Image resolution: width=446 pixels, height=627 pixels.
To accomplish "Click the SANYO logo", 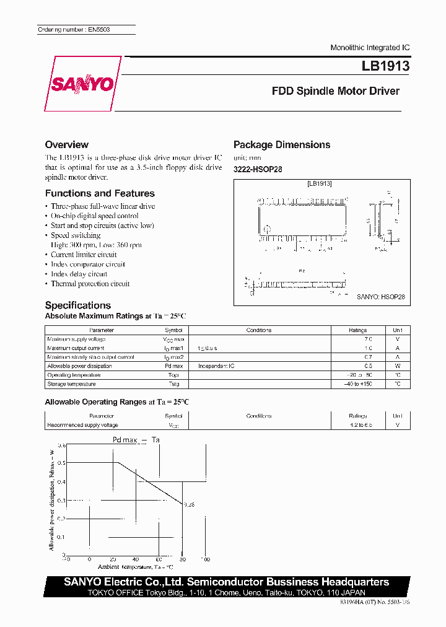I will [82, 84].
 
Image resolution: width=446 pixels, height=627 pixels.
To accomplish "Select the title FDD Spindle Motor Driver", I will [336, 91].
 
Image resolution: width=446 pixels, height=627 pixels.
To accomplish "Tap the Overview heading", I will [67, 144].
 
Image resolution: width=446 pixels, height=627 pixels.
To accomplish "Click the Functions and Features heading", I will [100, 193].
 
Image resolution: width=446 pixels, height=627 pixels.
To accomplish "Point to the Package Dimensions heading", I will [282, 144].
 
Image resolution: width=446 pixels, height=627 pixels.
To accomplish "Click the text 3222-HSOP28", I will [258, 169].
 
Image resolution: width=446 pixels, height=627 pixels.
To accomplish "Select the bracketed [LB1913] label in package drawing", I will [320, 184].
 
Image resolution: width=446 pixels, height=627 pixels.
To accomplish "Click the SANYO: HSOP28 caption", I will [380, 297].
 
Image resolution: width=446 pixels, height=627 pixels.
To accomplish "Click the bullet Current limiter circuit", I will [84, 255].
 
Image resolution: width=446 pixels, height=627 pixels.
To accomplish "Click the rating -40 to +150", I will [357, 384].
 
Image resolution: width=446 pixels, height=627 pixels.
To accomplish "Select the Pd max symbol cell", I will [173, 366].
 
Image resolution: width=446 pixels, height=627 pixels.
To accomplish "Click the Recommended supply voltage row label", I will [82, 425].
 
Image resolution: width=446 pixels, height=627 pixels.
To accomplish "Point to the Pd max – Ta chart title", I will [136, 439].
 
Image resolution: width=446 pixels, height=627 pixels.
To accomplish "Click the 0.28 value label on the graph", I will [189, 504].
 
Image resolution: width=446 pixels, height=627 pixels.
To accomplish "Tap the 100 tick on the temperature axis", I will [205, 559].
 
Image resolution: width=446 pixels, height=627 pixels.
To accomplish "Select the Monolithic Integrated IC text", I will [370, 48].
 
